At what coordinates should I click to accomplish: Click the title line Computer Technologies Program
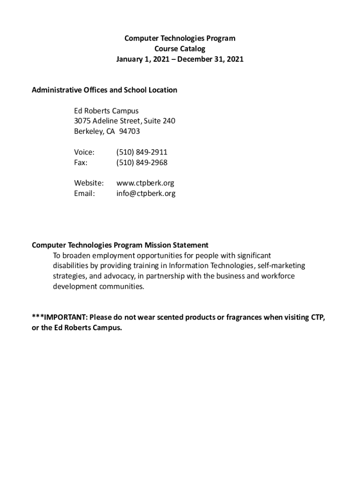(180, 38)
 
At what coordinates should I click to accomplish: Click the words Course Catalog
(180, 49)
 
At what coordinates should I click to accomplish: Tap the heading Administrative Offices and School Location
(104, 90)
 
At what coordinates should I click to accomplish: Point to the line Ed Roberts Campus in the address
(106, 111)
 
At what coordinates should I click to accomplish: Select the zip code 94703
(130, 131)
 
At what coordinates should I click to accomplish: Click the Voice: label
(84, 152)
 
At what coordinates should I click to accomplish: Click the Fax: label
(81, 162)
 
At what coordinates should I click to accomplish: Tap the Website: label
(89, 183)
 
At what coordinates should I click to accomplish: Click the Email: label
(84, 193)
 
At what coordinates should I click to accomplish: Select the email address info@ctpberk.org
(146, 193)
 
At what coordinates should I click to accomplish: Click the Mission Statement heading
(120, 245)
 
